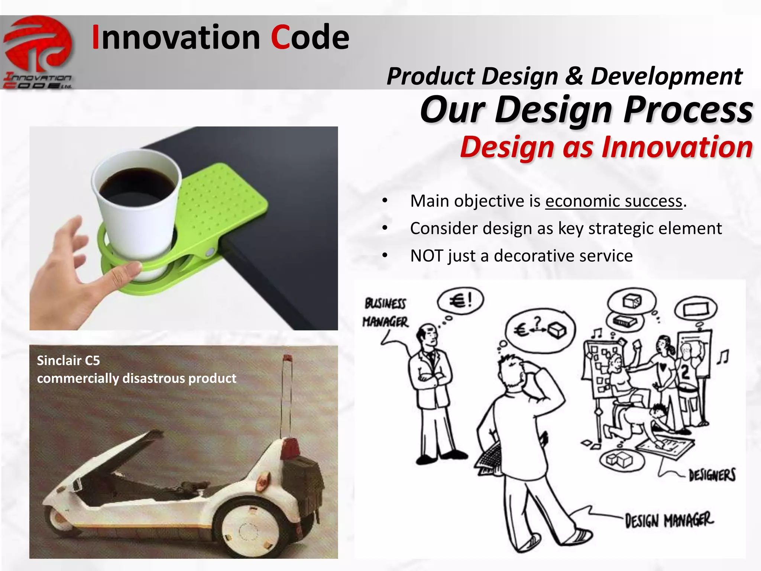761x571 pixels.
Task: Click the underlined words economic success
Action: coord(614,201)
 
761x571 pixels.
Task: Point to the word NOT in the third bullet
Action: coord(426,256)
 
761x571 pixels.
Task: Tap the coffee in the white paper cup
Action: coord(137,183)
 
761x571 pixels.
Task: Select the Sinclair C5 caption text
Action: coord(136,369)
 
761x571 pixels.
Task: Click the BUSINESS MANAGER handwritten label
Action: coord(385,313)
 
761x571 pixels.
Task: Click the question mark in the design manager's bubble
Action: coord(537,320)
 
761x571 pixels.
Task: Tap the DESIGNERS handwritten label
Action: coord(712,475)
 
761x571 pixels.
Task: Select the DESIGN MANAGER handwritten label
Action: coord(669,520)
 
